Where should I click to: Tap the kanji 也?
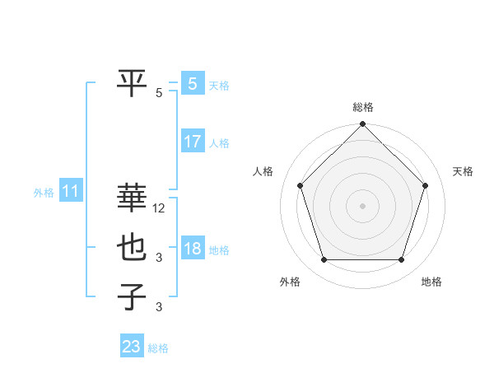coord(133,248)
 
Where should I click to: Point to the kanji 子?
coord(133,296)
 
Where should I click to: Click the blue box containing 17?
coord(193,141)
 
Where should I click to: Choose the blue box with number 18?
coord(193,248)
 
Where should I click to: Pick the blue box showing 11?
coord(71,192)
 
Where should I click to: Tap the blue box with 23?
coord(132,347)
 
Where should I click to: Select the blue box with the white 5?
coord(193,83)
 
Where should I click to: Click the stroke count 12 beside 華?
coord(160,209)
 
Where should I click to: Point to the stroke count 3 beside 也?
coord(160,258)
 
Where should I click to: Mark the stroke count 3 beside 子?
coord(160,307)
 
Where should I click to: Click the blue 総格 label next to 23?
coord(158,348)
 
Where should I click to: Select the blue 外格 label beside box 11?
coord(44,193)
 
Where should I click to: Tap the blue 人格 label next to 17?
coord(219,143)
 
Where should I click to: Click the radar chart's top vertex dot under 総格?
coord(362,125)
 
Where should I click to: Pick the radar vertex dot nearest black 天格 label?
coord(425,185)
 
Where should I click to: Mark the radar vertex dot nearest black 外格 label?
coord(324,259)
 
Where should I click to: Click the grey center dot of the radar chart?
coord(362,205)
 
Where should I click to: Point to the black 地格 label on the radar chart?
coord(431,282)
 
